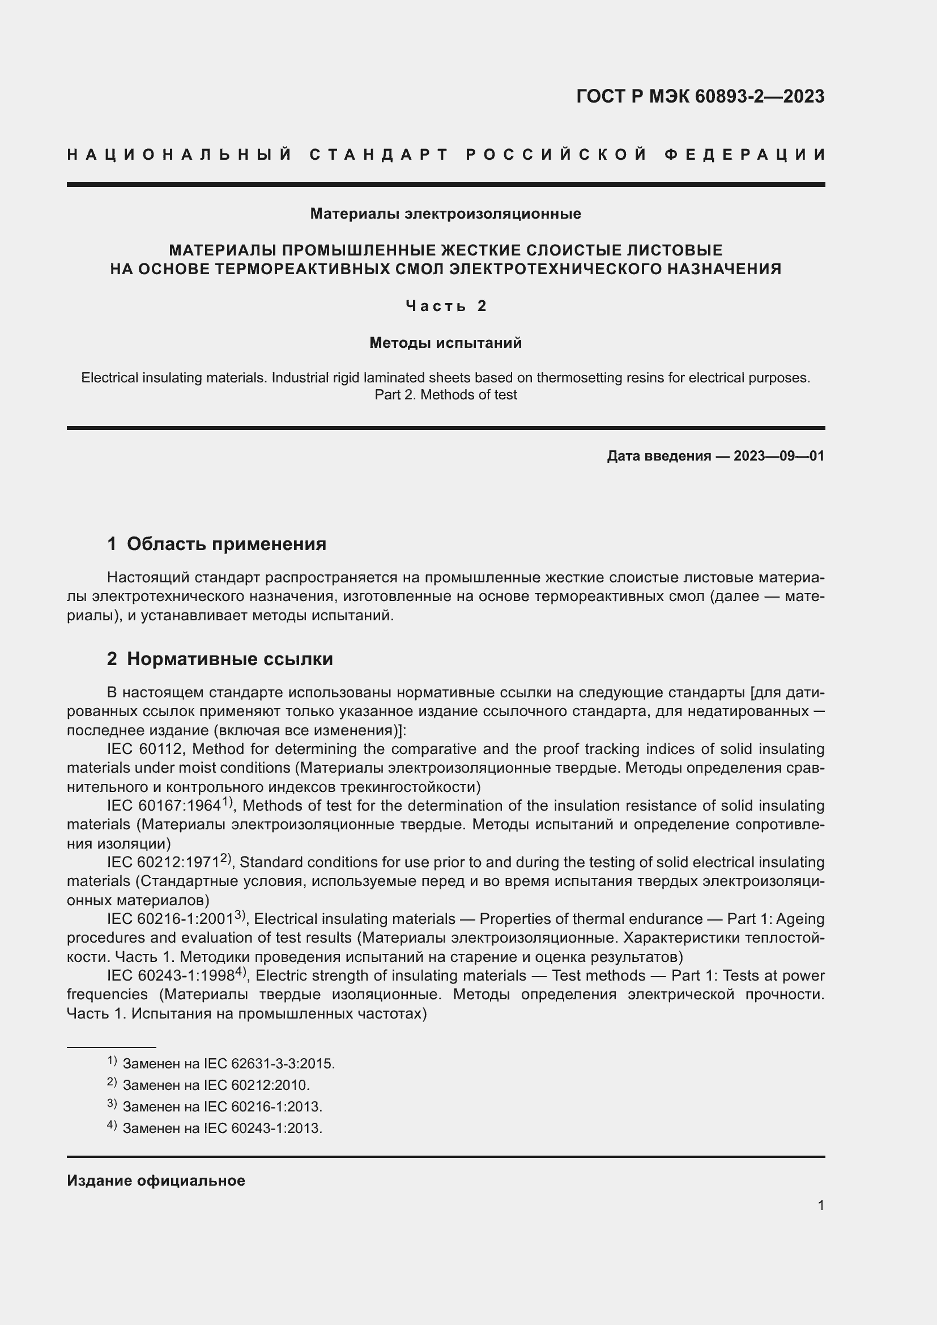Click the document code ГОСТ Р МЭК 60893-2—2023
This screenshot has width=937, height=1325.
coord(700,96)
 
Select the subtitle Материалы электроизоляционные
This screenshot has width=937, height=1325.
coord(445,214)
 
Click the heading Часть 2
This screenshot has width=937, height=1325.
coord(446,306)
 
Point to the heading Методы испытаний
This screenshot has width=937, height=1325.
coord(445,343)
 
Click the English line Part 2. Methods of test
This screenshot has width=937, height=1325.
coord(445,395)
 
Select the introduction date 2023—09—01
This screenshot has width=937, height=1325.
coord(778,457)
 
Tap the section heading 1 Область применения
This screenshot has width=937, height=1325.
coord(216,544)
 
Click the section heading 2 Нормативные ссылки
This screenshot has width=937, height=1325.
coord(220,659)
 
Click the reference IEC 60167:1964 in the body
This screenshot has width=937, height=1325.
coord(164,806)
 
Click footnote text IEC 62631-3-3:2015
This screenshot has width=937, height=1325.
coord(269,1064)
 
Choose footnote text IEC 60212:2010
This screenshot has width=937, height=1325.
coord(257,1085)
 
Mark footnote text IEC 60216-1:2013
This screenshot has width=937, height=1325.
coord(262,1107)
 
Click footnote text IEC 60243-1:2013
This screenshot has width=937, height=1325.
coord(262,1128)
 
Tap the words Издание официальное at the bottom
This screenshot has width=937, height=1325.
coord(156,1181)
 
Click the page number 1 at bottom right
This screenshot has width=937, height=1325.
coord(820,1205)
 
